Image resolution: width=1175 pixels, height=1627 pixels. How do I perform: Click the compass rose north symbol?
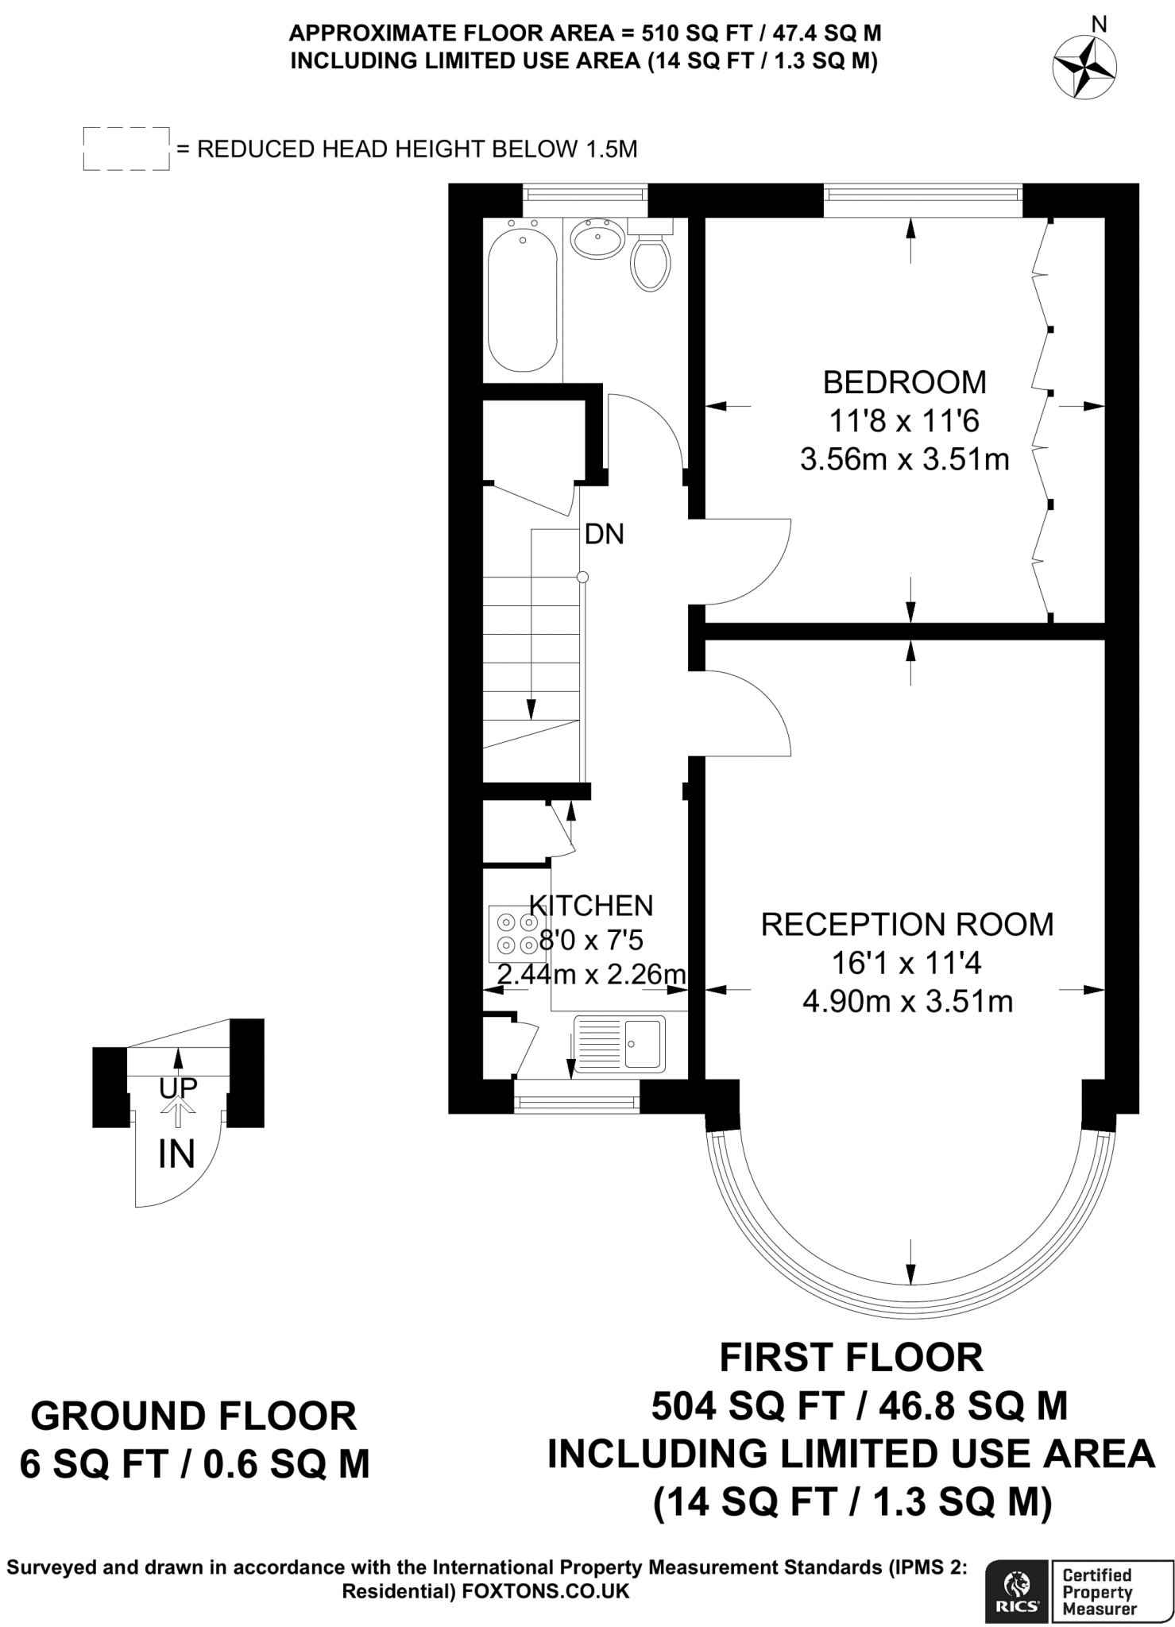(1084, 67)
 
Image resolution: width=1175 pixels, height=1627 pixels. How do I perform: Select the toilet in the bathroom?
(650, 261)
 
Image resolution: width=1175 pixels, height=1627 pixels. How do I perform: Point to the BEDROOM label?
(904, 382)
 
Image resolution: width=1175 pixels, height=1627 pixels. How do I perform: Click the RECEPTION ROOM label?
(906, 925)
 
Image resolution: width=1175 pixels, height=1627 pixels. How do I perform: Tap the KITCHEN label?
(591, 905)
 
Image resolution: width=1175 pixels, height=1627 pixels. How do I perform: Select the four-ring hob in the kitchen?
(516, 933)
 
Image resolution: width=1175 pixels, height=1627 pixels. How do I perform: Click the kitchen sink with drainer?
(620, 1045)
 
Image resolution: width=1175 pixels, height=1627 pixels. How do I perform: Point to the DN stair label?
(604, 534)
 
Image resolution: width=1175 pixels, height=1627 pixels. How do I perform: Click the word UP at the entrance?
(178, 1088)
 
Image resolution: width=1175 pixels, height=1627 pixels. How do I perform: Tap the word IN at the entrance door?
(176, 1154)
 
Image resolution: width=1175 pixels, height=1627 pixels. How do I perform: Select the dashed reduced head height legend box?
(126, 149)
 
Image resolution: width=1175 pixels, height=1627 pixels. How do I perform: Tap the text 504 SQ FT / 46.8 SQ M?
(859, 1405)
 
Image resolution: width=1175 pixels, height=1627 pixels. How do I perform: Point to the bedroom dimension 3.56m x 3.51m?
(904, 459)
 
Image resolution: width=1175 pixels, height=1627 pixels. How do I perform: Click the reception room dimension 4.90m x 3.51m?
(907, 1001)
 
